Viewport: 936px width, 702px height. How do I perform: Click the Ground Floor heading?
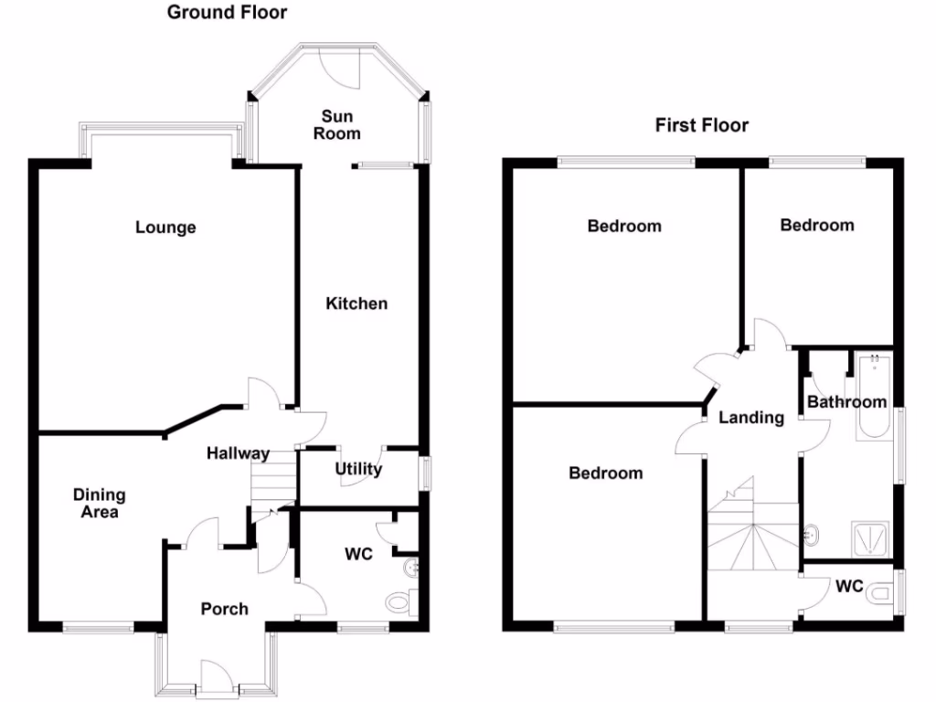click(x=227, y=13)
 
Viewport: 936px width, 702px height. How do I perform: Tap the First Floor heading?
click(x=701, y=125)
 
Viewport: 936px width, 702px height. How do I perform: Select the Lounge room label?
click(x=165, y=227)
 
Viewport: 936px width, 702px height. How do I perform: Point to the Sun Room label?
click(x=339, y=125)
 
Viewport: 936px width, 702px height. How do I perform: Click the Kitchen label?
click(x=356, y=303)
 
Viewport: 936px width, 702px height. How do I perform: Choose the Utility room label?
click(x=358, y=469)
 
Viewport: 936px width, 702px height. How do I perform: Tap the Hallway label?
click(x=238, y=453)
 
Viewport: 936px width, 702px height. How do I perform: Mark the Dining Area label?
click(x=100, y=504)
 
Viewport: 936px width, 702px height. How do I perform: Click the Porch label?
click(x=224, y=609)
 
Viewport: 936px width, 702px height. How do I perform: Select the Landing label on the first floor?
click(x=750, y=418)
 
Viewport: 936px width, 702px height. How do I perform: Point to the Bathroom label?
click(x=846, y=402)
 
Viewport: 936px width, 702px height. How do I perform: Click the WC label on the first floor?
click(x=849, y=586)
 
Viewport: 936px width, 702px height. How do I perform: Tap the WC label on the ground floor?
click(x=358, y=555)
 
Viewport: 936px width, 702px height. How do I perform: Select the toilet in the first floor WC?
click(x=879, y=594)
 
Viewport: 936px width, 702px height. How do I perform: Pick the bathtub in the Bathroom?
click(x=874, y=398)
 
